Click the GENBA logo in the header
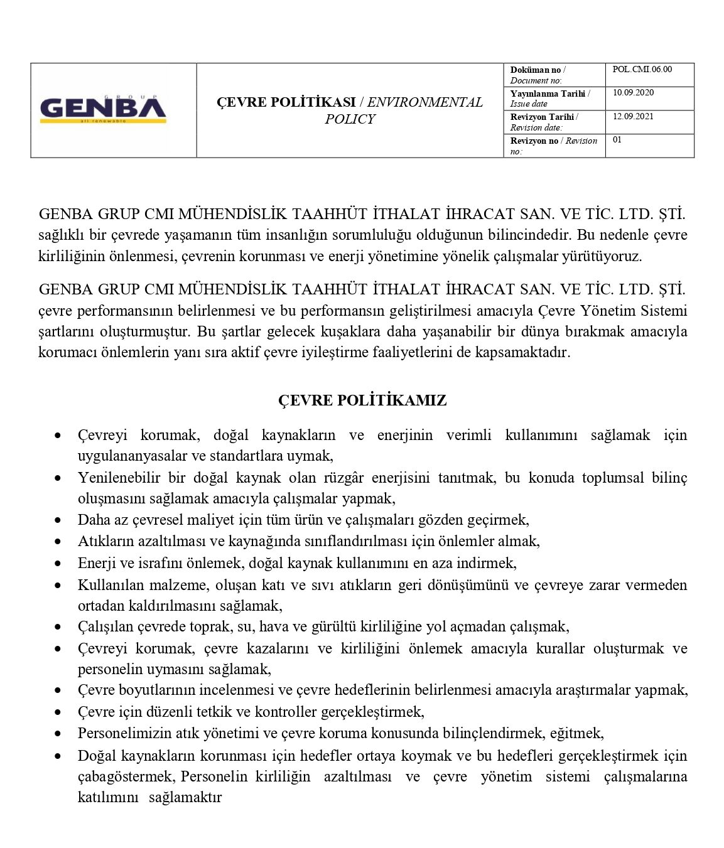[103, 110]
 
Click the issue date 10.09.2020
[633, 93]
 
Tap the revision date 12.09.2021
[633, 116]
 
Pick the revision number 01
[617, 140]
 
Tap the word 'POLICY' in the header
[350, 119]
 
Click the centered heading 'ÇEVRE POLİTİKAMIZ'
[362, 400]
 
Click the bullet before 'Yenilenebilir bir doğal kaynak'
[58, 478]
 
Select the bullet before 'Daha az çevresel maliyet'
[58, 520]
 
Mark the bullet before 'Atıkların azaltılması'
[58, 542]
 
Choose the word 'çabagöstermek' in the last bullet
[126, 776]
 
